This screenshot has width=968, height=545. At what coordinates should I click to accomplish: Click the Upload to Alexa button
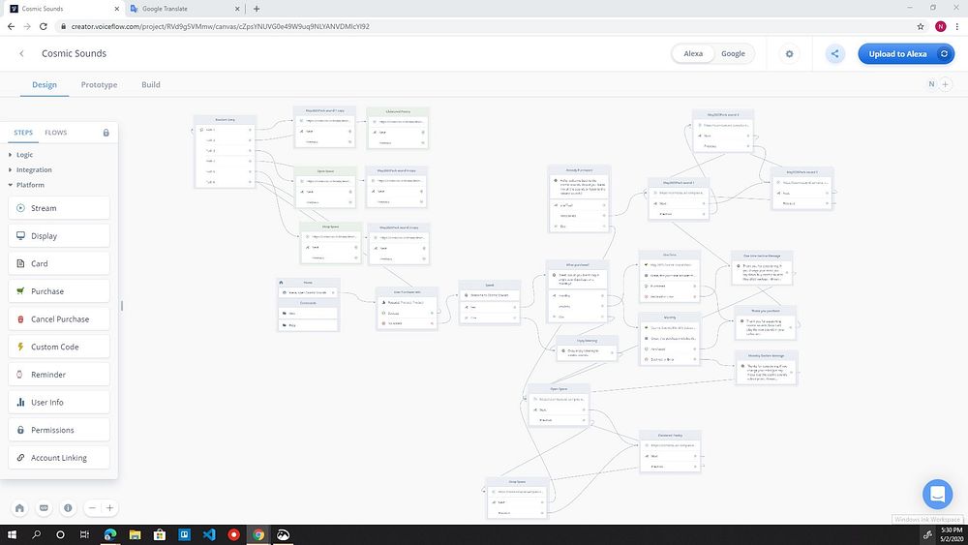pos(905,54)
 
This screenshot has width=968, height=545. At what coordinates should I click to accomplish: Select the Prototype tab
pos(99,85)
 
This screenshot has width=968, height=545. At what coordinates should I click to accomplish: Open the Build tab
pos(151,85)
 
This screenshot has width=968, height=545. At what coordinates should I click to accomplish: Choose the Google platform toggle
pos(733,54)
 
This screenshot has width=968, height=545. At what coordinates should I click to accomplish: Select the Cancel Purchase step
pos(59,319)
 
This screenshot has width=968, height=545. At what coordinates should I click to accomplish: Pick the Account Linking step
pos(59,458)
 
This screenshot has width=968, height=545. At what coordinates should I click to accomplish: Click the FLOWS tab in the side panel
pos(55,133)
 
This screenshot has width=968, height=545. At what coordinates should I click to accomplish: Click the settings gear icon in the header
pos(789,54)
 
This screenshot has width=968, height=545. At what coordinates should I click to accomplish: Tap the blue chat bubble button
pos(937,495)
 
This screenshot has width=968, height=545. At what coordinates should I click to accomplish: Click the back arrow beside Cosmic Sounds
pos(21,54)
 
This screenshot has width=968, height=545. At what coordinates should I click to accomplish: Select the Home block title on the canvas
pos(308,282)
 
